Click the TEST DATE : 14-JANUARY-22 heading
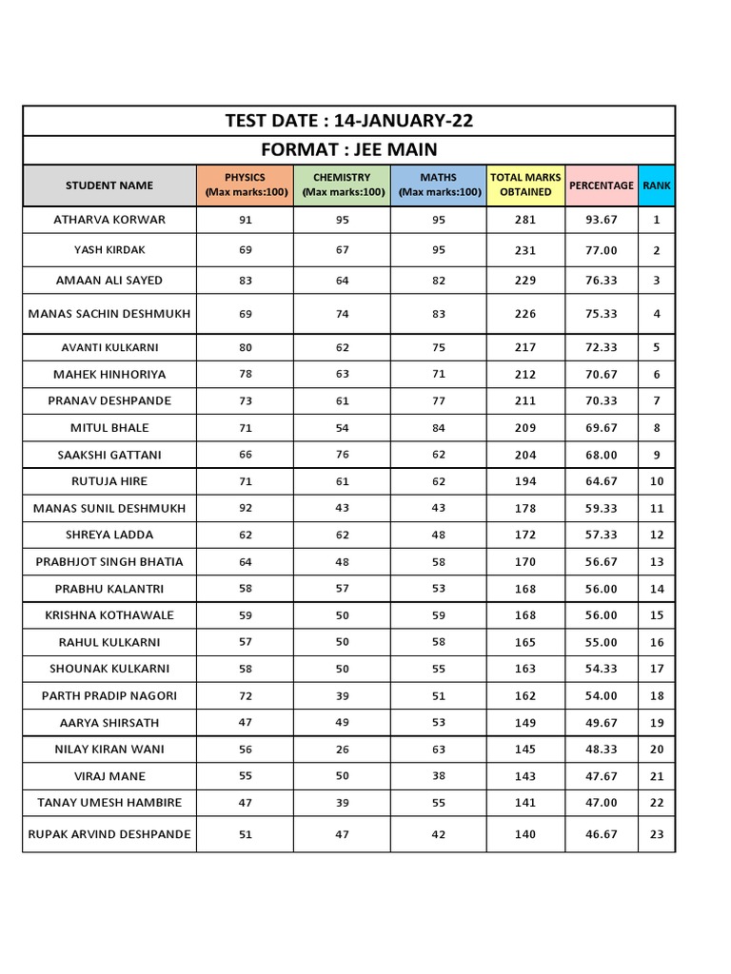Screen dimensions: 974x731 tap(348, 121)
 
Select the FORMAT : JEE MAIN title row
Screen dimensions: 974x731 tap(348, 150)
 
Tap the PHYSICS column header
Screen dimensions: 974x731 tap(245, 185)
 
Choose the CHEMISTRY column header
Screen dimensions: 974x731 tap(342, 185)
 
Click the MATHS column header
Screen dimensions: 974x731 tap(438, 185)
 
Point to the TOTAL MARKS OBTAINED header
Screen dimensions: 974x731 tap(525, 185)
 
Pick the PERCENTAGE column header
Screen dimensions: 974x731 tap(601, 185)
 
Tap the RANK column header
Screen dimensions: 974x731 tap(657, 185)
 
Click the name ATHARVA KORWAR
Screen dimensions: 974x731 tap(109, 220)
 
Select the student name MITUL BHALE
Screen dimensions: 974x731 tap(109, 428)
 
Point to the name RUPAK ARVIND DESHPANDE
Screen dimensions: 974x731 tap(109, 834)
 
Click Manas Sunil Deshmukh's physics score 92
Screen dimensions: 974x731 tap(246, 508)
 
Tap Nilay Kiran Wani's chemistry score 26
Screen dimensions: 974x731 tap(342, 750)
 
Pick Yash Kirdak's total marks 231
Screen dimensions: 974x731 tap(525, 250)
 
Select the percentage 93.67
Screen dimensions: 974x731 tap(602, 220)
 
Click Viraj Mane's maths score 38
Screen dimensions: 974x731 tap(438, 776)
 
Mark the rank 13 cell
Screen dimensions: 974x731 tap(657, 562)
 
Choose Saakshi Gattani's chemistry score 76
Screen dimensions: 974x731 tap(342, 455)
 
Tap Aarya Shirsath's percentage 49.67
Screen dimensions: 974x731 tap(602, 723)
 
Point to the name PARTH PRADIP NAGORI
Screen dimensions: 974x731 tap(109, 695)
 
